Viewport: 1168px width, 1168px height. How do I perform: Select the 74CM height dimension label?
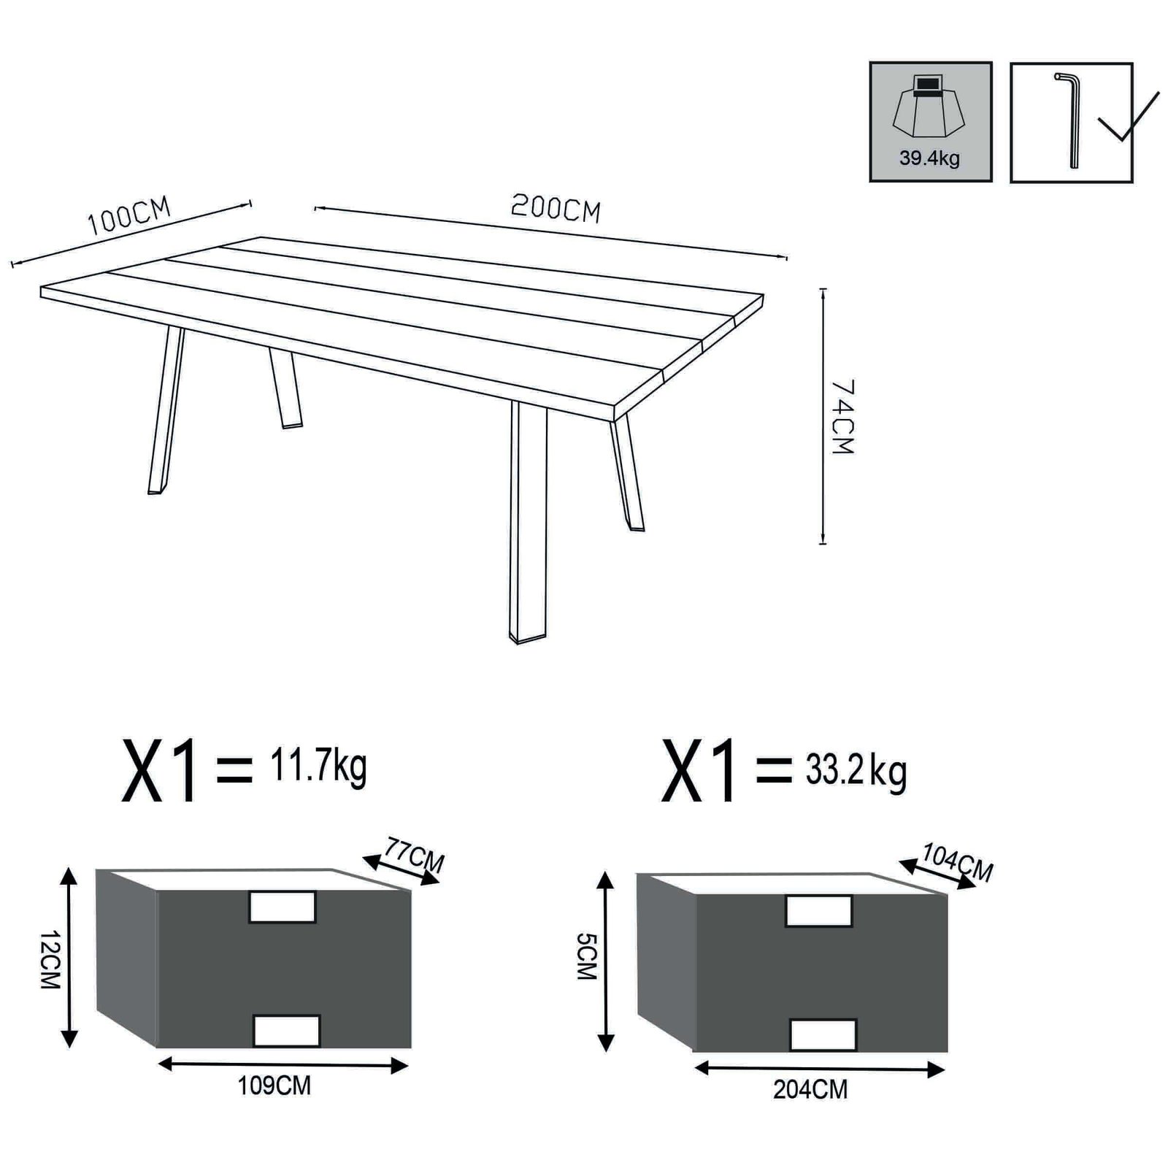[x=842, y=417]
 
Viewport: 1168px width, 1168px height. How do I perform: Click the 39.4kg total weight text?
[x=929, y=158]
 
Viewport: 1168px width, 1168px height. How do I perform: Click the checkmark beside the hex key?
[x=1128, y=119]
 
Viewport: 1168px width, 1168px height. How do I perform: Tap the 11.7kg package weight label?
[x=318, y=766]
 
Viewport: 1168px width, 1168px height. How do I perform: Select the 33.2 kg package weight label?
[x=856, y=771]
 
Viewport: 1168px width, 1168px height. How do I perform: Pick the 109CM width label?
[x=274, y=1086]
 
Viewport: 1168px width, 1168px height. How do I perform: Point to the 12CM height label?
[x=48, y=959]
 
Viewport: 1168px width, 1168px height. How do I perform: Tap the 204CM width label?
[x=810, y=1090]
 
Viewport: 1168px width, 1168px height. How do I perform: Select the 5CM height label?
[x=586, y=956]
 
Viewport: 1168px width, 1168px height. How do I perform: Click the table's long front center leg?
[x=528, y=522]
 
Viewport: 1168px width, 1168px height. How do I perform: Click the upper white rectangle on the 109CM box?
[x=283, y=907]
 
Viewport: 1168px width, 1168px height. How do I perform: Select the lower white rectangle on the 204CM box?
[x=823, y=1034]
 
